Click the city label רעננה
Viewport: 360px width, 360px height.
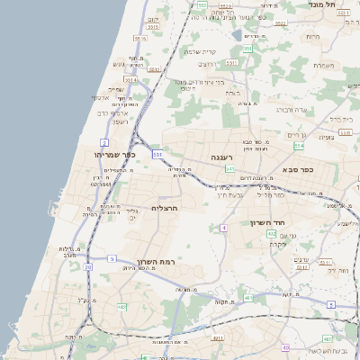222,157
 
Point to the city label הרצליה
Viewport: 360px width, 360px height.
165,208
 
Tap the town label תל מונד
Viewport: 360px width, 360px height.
335,5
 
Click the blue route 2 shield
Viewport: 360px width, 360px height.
103,143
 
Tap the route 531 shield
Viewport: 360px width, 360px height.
157,155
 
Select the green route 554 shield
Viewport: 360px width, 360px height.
298,145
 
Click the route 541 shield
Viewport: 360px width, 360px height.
230,168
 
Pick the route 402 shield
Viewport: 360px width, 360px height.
272,234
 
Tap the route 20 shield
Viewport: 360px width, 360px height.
87,267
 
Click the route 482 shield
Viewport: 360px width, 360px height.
121,307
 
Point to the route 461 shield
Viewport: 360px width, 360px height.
217,338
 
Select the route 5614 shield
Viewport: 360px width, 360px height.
131,79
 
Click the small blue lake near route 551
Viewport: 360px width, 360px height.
236,35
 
